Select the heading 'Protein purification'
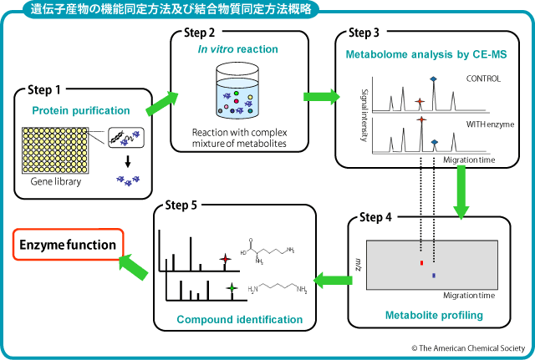tap(81, 110)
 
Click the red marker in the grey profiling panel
tap(420, 262)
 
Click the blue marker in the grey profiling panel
tap(434, 274)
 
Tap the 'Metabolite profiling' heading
tap(433, 315)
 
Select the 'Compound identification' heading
tap(239, 319)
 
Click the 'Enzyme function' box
tap(66, 246)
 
